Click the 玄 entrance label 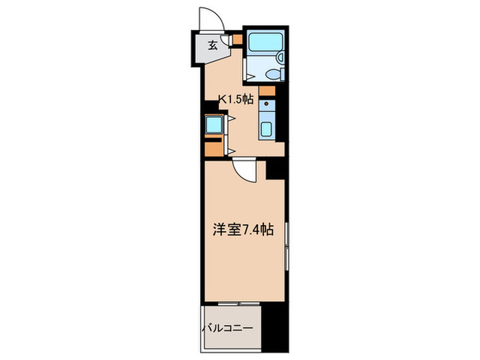(x=213, y=46)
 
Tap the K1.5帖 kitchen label (x=235, y=99)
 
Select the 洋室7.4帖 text (x=243, y=231)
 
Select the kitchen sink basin (x=266, y=128)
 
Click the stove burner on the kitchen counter (x=267, y=106)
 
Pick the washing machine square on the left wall (x=213, y=124)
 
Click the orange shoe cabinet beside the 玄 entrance (x=237, y=39)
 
